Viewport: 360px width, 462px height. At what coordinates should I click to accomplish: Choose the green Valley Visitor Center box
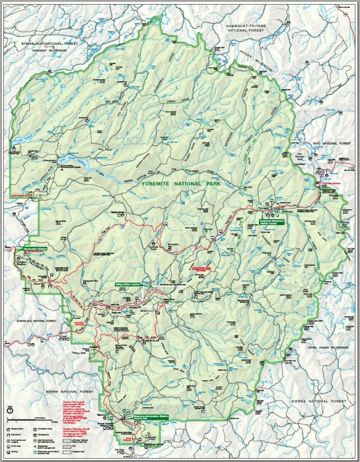click(128, 285)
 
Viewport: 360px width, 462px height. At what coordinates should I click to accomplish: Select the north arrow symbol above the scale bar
click(9, 411)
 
